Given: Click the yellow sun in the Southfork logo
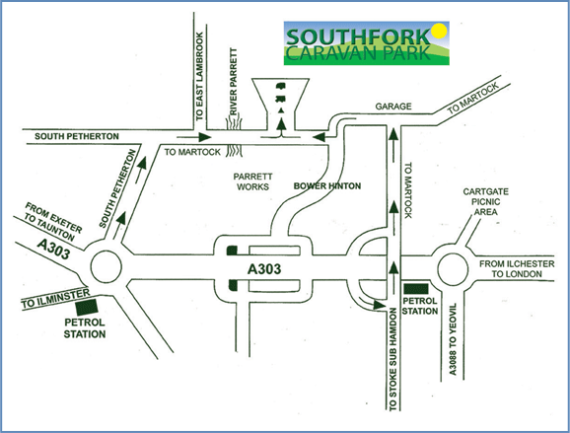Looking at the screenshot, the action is [x=439, y=31].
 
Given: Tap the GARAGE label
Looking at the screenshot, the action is [x=393, y=107].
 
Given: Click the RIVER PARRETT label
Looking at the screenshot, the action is [x=233, y=81].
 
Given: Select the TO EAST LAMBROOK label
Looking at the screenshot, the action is [x=199, y=76].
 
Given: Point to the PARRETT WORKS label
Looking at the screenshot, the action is [x=252, y=181].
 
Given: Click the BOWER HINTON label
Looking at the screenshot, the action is [x=327, y=185].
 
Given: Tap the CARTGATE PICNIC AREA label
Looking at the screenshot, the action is [x=485, y=202].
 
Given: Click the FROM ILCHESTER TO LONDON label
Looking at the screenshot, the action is [x=517, y=269].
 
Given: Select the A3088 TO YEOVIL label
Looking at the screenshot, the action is [x=453, y=339].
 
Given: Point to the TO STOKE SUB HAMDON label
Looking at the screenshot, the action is [x=393, y=359].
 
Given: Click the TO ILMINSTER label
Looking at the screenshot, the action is [x=55, y=299].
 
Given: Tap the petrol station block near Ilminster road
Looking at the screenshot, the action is [x=87, y=307].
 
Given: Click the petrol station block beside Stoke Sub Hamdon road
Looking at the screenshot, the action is [x=416, y=289].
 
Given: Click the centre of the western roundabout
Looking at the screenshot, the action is [x=106, y=267].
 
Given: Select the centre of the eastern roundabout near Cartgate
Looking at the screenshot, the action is [x=453, y=269].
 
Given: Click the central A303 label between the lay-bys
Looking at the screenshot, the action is [x=264, y=269].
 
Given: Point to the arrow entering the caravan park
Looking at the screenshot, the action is [x=281, y=128].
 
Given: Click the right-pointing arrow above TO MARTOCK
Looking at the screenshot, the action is [x=194, y=137].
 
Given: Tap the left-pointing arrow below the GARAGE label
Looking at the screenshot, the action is [x=324, y=138].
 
